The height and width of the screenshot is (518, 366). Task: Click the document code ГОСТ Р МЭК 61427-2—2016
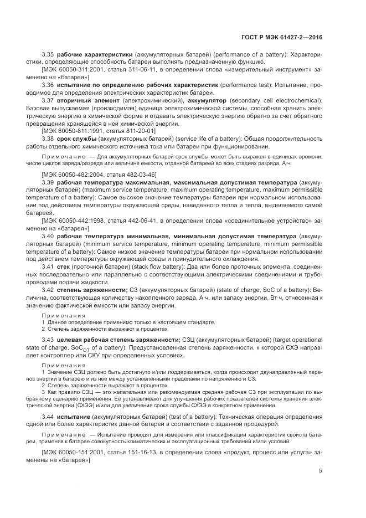pos(282,37)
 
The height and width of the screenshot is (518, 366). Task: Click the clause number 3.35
pos(49,55)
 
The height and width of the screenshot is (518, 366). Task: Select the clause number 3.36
pos(49,85)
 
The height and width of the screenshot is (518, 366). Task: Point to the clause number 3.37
pos(49,100)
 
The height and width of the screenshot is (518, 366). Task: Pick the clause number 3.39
pos(49,182)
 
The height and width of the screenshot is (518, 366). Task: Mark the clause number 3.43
pos(49,340)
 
